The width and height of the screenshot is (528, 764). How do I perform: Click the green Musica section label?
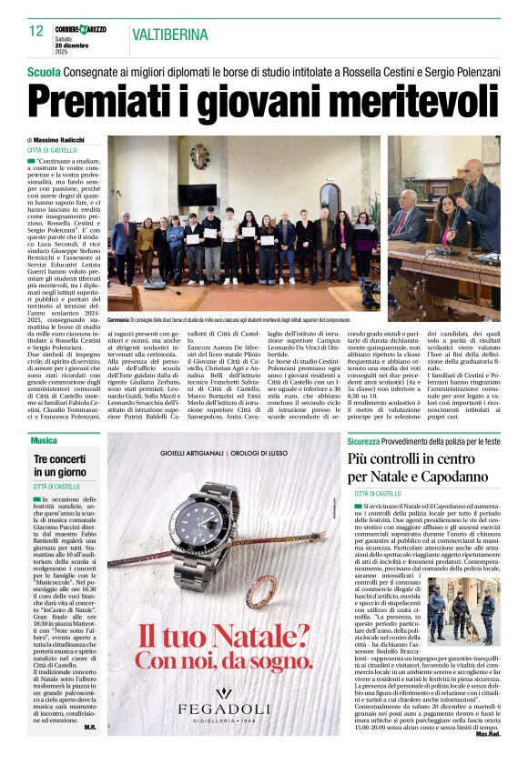43,440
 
